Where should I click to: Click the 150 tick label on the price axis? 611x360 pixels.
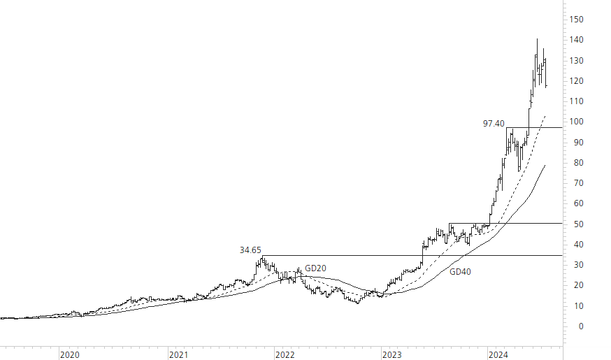pos(576,20)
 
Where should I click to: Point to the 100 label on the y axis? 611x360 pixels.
pos(576,122)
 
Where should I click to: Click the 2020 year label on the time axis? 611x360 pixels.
pos(69,355)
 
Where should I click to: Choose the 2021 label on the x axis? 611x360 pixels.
pos(178,355)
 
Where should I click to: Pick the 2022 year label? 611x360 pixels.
pos(285,355)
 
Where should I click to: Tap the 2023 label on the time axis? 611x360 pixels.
pos(391,355)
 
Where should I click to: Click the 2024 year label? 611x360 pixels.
pos(498,355)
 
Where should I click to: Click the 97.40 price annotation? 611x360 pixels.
pos(494,124)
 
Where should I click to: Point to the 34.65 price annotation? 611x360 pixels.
pos(250,250)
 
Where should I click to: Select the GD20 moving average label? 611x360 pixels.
pos(315,268)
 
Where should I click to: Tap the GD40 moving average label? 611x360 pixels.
pos(460,271)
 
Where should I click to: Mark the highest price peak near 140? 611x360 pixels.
pos(537,40)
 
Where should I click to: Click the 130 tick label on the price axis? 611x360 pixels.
pos(576,61)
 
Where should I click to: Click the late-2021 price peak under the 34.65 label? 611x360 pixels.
pos(261,257)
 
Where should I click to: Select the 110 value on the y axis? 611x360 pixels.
pos(576,101)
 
